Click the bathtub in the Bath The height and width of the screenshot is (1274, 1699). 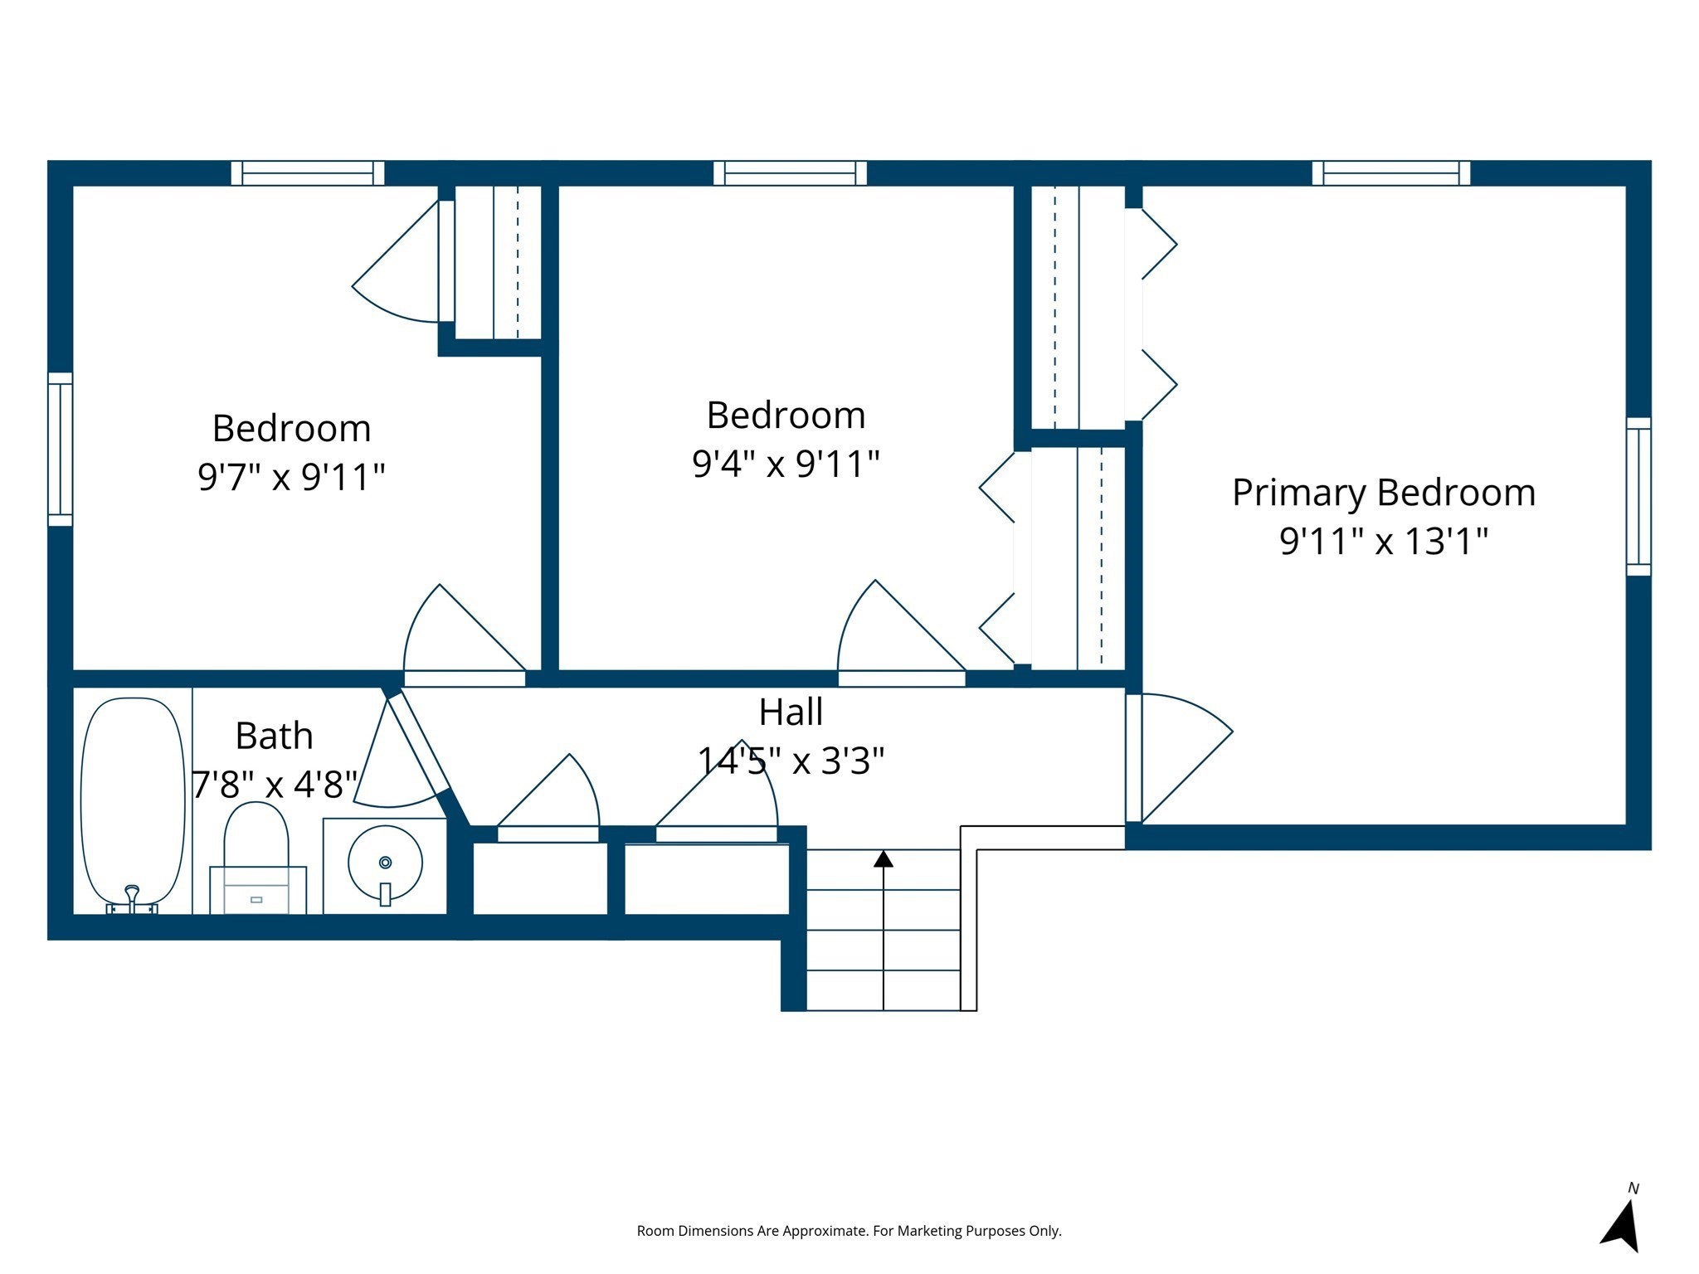[133, 800]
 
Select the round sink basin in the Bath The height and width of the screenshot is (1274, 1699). [385, 863]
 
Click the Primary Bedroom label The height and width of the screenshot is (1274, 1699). [1383, 493]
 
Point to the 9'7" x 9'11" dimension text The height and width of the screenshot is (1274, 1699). [291, 477]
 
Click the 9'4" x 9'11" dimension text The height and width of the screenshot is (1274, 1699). [786, 464]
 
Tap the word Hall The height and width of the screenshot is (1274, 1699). [791, 712]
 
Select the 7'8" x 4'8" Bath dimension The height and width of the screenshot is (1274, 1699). [275, 784]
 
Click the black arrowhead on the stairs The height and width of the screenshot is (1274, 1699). [884, 859]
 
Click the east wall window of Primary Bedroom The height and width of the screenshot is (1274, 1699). [1638, 496]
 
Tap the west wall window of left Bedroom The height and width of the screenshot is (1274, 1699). [61, 449]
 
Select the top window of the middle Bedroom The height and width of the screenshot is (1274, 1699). [790, 173]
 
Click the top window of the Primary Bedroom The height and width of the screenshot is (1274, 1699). [1390, 173]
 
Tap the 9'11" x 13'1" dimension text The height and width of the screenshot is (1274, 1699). [1383, 541]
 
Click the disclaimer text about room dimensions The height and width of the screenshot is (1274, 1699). [849, 1231]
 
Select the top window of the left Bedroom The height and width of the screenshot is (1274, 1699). [308, 173]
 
